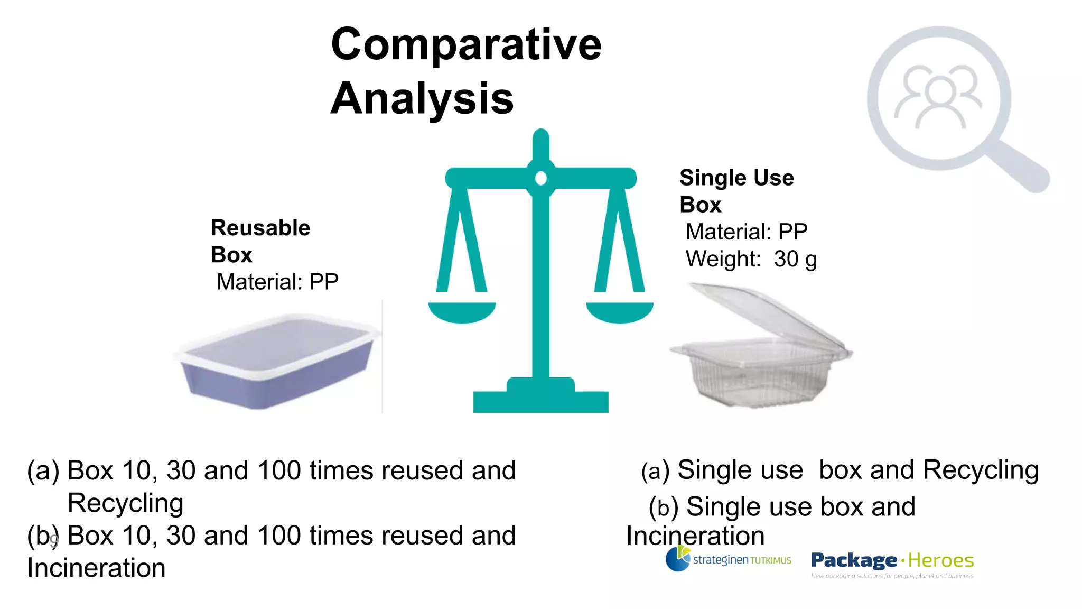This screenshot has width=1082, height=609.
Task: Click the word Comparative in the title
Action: tap(465, 44)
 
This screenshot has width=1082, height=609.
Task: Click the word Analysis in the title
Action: tap(422, 99)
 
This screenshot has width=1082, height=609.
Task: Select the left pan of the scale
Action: tap(462, 312)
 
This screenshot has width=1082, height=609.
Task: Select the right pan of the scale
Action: tap(619, 312)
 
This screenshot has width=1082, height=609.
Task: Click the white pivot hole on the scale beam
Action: tap(540, 179)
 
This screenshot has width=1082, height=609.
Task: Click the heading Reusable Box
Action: tap(260, 241)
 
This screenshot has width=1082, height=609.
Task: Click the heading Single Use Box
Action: tap(736, 191)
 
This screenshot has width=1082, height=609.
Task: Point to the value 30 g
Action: tap(795, 260)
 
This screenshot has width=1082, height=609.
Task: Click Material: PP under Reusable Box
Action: tap(277, 282)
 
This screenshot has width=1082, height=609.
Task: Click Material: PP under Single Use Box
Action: tap(746, 232)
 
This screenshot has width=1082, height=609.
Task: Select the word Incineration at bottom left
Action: tap(96, 568)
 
